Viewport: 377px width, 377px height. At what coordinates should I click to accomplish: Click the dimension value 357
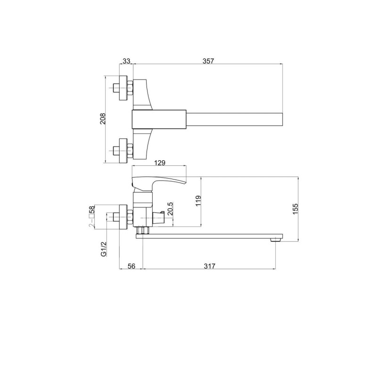[x=208, y=61]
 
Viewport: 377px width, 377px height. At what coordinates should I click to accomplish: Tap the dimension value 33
[x=126, y=61]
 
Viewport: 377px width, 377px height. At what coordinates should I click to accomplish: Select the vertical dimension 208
[x=103, y=119]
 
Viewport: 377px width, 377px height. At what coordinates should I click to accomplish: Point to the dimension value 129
[x=160, y=163]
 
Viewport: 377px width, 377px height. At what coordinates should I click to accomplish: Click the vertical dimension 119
[x=198, y=201]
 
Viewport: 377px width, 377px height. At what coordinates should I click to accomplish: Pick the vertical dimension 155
[x=295, y=209]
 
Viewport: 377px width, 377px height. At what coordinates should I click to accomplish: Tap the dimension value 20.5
[x=170, y=209]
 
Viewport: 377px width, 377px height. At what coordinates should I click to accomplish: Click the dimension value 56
[x=131, y=266]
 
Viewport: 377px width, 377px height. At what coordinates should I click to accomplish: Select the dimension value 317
[x=210, y=266]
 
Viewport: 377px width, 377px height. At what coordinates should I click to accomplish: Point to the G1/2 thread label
[x=104, y=249]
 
